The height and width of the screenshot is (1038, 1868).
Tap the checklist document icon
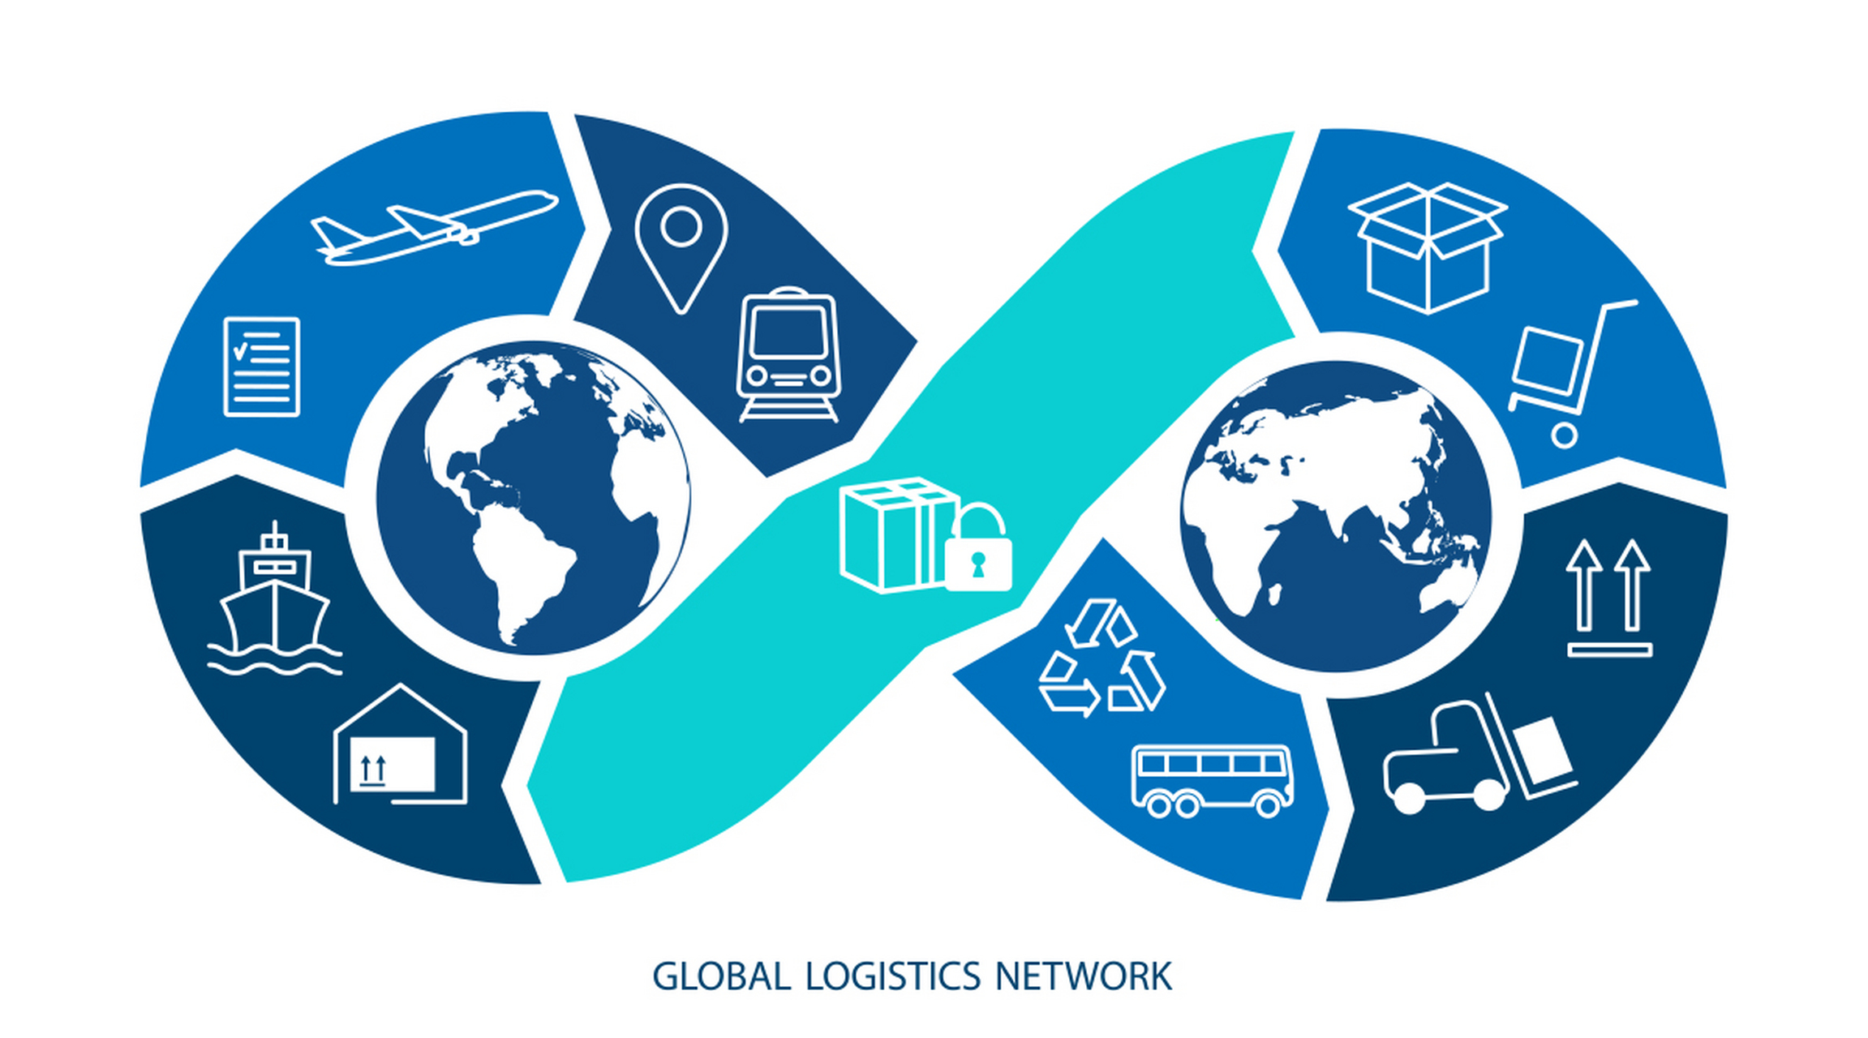[x=261, y=367]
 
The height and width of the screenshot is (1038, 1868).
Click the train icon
[x=788, y=354]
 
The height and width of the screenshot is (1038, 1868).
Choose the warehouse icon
[x=401, y=744]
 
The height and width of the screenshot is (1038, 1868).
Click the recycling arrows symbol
[x=1101, y=658]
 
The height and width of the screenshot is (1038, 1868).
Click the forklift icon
[x=1479, y=753]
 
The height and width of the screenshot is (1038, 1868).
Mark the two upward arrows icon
[x=1609, y=598]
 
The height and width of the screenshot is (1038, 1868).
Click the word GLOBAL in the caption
[x=721, y=976]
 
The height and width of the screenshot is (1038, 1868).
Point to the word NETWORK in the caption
[x=1084, y=976]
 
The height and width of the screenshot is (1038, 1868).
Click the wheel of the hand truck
[x=1565, y=436]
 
